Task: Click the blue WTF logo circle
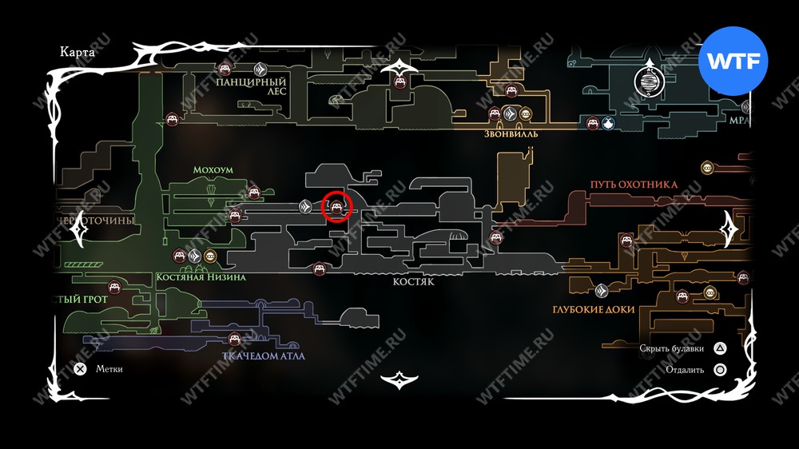(x=733, y=62)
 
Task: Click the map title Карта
(x=78, y=52)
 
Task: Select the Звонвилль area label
(x=511, y=133)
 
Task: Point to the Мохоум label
(x=212, y=170)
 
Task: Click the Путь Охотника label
(x=634, y=185)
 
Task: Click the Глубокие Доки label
(x=593, y=309)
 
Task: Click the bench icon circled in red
(x=337, y=208)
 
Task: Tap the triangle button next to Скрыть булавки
(x=720, y=348)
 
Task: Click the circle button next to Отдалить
(x=720, y=370)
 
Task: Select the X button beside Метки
(x=80, y=369)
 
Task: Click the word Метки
(x=109, y=369)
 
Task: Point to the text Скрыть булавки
(x=672, y=348)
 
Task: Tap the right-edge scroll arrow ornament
(x=729, y=230)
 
